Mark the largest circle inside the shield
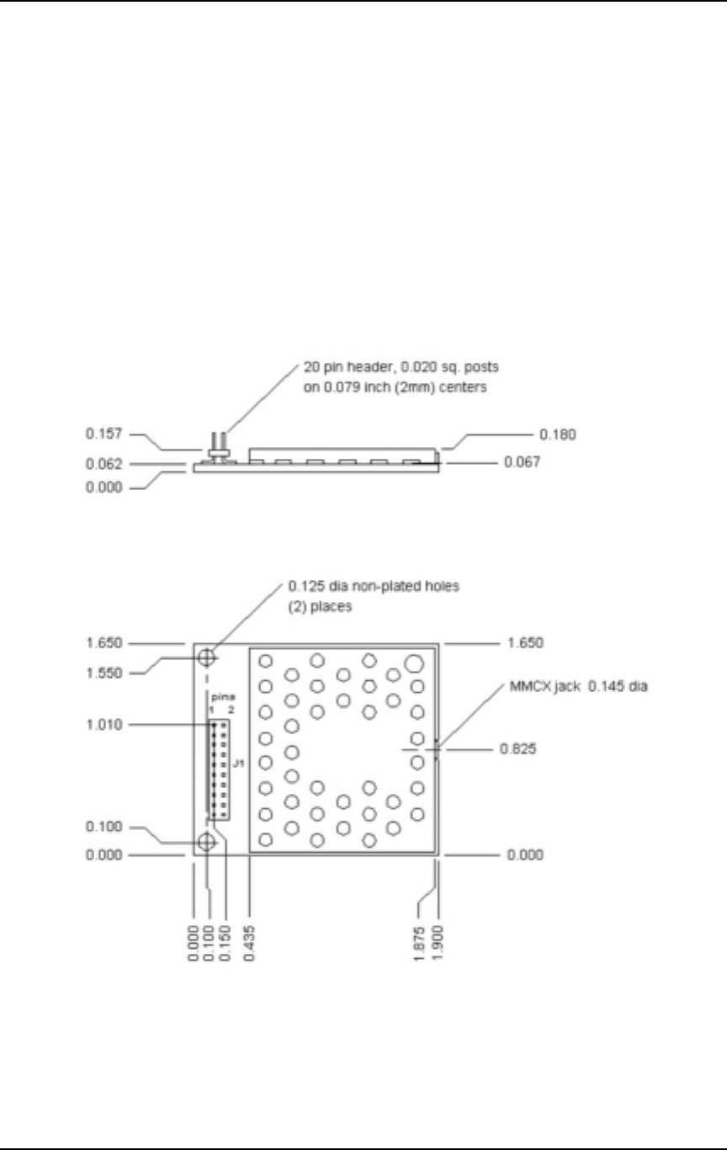point(413,663)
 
